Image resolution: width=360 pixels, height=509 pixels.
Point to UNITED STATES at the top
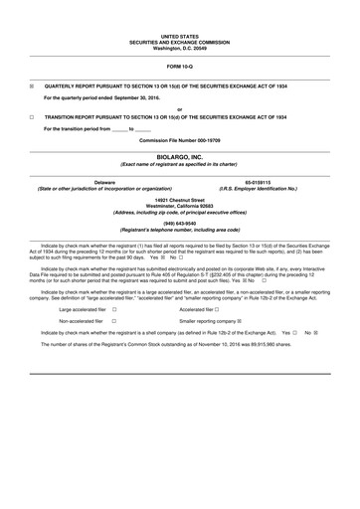180,33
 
